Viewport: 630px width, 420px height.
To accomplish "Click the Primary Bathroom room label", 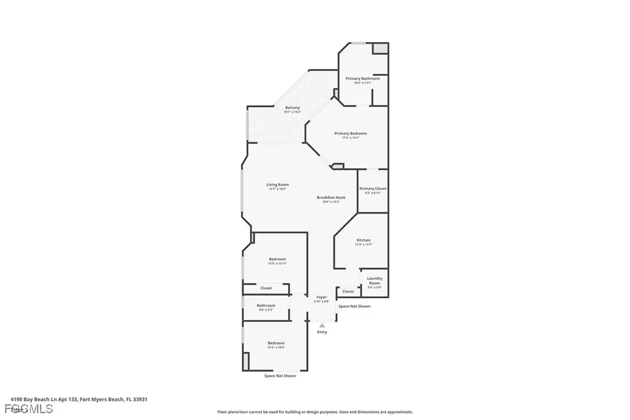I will pos(362,79).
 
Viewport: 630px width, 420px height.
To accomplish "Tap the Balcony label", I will pos(292,108).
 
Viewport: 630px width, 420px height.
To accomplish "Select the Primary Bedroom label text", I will pos(351,134).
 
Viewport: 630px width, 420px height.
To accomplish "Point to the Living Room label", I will pos(277,185).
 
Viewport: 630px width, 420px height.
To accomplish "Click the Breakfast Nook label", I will pos(331,198).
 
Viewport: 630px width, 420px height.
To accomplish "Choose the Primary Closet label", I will pos(373,188).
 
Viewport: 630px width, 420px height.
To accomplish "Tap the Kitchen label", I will pos(364,240).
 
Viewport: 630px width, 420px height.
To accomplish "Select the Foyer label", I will pos(321,297).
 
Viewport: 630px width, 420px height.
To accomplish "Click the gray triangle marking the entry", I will pos(322,325).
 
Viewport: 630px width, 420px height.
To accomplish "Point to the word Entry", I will pos(322,332).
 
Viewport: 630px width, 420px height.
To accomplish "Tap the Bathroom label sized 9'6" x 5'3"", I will pos(266,305).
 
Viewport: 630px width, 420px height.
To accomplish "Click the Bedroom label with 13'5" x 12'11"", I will pos(277,259).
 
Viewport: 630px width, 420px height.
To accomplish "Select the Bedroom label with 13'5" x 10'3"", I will pos(276,343).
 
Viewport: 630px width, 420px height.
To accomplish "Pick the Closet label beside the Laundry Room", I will pos(348,291).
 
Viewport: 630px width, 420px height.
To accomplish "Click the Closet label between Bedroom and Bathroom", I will pos(266,288).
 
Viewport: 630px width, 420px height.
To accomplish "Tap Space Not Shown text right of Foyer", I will pos(354,306).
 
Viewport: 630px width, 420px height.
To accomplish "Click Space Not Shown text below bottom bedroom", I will pos(280,376).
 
